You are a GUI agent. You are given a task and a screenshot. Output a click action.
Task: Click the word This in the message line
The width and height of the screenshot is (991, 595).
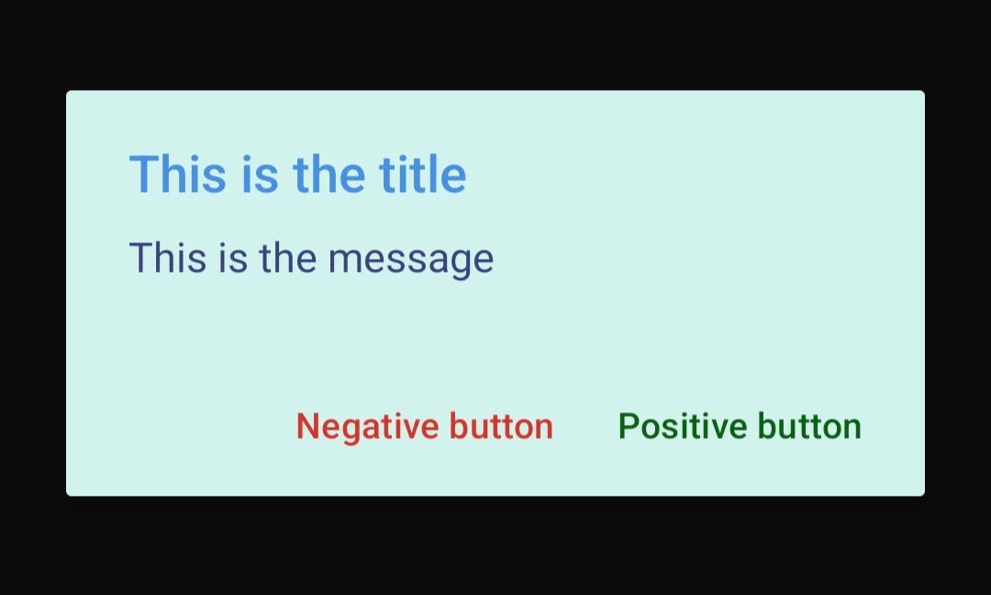pyautogui.click(x=167, y=258)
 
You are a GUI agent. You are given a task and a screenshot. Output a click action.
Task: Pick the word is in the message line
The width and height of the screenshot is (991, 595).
pyautogui.click(x=233, y=258)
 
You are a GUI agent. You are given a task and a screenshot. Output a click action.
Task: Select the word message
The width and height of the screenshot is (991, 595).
pyautogui.click(x=411, y=259)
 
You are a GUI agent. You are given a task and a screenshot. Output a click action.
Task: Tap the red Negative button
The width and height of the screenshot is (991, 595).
pyautogui.click(x=424, y=427)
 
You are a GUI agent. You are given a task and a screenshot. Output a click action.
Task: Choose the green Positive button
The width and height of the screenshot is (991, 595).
pyautogui.click(x=740, y=427)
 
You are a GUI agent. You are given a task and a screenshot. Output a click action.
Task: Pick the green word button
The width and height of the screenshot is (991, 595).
pyautogui.click(x=810, y=427)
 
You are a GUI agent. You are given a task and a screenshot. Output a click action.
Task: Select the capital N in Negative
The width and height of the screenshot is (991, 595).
pyautogui.click(x=306, y=427)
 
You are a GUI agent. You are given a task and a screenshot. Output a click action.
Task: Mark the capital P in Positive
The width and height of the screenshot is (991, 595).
pyautogui.click(x=628, y=427)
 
